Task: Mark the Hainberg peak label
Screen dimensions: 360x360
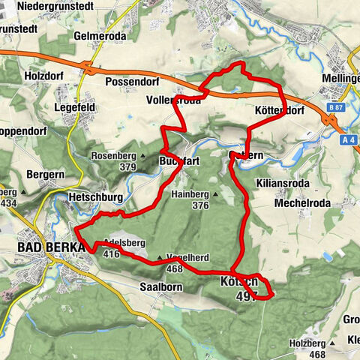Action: (191, 193)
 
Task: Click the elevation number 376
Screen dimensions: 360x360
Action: (200, 205)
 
